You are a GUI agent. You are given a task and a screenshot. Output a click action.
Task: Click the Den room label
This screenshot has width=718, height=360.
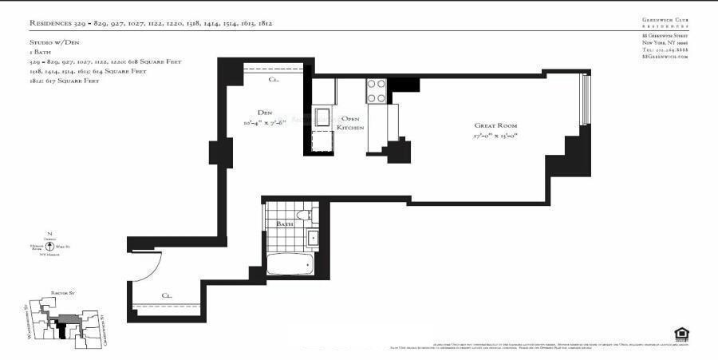(x=265, y=112)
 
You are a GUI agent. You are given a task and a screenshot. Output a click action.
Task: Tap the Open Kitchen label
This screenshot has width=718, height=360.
(x=351, y=124)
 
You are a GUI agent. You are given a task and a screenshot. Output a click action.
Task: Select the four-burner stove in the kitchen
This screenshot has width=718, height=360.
(x=376, y=90)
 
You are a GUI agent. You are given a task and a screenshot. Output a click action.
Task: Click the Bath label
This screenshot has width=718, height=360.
(x=285, y=224)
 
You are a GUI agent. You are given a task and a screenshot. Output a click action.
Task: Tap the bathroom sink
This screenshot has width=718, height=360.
(x=312, y=236)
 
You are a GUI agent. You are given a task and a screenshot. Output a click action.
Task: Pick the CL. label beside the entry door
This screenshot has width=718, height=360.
(x=168, y=295)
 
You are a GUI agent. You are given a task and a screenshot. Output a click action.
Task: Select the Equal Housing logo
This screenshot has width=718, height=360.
(x=681, y=333)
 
